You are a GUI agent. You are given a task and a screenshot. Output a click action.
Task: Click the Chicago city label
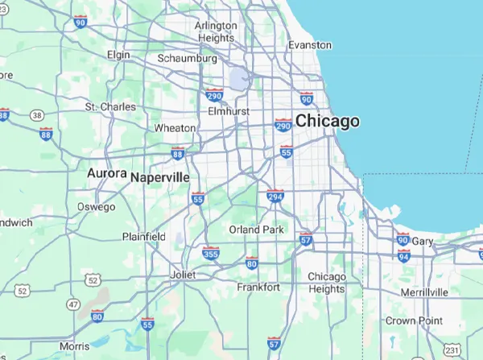coord(327,122)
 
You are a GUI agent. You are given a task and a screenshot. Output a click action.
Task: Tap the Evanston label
coord(309,45)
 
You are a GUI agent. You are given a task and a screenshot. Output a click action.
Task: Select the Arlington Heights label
coord(217,31)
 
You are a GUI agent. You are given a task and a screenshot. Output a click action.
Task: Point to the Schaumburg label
coord(188,59)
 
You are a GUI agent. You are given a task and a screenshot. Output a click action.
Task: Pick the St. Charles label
coord(111,106)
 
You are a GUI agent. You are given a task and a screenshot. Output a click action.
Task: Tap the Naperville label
coord(160,176)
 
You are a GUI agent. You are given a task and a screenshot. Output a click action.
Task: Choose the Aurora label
coord(107,173)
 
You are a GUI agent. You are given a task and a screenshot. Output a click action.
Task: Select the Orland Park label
coord(257,230)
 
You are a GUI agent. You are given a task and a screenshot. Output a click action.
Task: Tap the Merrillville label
coord(423,290)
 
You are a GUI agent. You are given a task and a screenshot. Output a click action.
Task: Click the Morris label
coord(75,346)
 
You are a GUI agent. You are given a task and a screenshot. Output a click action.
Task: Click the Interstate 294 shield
coord(275,196)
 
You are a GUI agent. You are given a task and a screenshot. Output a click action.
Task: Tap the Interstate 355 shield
coord(211,253)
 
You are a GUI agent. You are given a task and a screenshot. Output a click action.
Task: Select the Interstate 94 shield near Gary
coord(403,255)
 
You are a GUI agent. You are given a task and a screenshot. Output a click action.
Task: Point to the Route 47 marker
coord(73,304)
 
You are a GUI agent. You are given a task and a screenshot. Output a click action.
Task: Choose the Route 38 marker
coord(37,116)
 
